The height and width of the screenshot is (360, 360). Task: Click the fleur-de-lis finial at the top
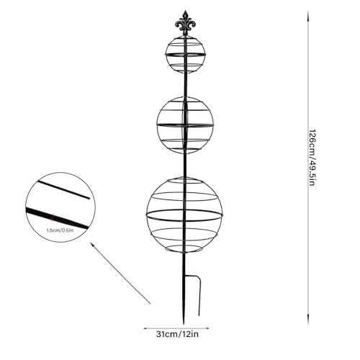click(x=185, y=23)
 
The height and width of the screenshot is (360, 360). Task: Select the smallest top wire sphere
click(x=166, y=55)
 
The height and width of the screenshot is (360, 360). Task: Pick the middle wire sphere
click(x=158, y=125)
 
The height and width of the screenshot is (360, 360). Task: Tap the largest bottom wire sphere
click(x=147, y=215)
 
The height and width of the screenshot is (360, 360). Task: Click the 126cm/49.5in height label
click(x=311, y=158)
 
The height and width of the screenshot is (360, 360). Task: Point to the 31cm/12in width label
click(x=177, y=334)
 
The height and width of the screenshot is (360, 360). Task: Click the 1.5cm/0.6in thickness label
click(x=60, y=230)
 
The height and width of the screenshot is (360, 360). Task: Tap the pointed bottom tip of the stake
click(x=184, y=324)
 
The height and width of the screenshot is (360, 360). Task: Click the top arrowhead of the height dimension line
click(x=308, y=14)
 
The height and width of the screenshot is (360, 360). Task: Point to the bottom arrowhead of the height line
click(x=308, y=323)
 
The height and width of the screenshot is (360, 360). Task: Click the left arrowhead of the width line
click(x=145, y=328)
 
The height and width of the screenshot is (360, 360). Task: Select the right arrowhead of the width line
click(x=207, y=328)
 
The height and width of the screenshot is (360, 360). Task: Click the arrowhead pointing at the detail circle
click(x=91, y=243)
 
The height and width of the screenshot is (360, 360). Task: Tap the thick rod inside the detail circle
click(x=57, y=218)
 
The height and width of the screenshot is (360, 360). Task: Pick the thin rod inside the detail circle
click(x=63, y=190)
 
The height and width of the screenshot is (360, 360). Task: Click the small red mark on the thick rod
click(x=53, y=217)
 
